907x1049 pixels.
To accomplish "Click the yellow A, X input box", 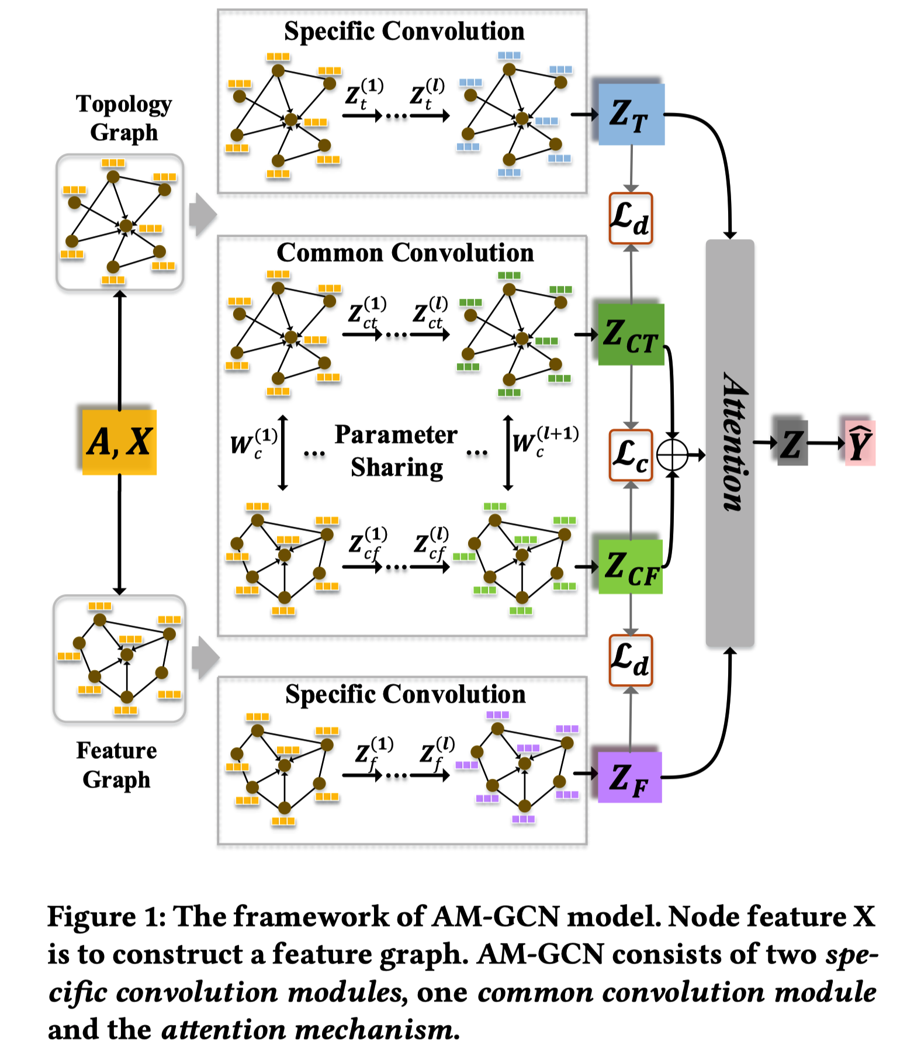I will click(x=119, y=441).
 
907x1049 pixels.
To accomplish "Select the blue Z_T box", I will click(x=631, y=114).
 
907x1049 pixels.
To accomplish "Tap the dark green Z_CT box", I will click(x=631, y=334).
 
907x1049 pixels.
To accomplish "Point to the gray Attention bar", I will click(x=730, y=443).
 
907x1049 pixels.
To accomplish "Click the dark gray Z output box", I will click(x=792, y=443).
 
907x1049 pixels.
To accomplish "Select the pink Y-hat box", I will click(x=860, y=443).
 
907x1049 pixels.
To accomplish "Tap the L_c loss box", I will click(x=631, y=456).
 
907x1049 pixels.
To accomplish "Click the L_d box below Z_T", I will click(x=631, y=218).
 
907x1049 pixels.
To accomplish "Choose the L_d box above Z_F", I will click(x=631, y=660).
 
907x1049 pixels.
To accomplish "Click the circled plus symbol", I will click(x=672, y=454).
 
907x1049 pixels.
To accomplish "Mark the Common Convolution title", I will click(x=405, y=253).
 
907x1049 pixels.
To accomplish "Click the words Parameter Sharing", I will click(x=396, y=451).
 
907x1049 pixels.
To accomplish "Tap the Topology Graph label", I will click(x=124, y=118).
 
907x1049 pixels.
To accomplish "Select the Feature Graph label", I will click(x=117, y=765).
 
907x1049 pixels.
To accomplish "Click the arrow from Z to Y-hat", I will click(x=825, y=443).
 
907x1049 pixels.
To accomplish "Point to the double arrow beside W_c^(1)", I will click(x=283, y=452).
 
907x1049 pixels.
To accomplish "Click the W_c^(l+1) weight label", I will click(x=545, y=441).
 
